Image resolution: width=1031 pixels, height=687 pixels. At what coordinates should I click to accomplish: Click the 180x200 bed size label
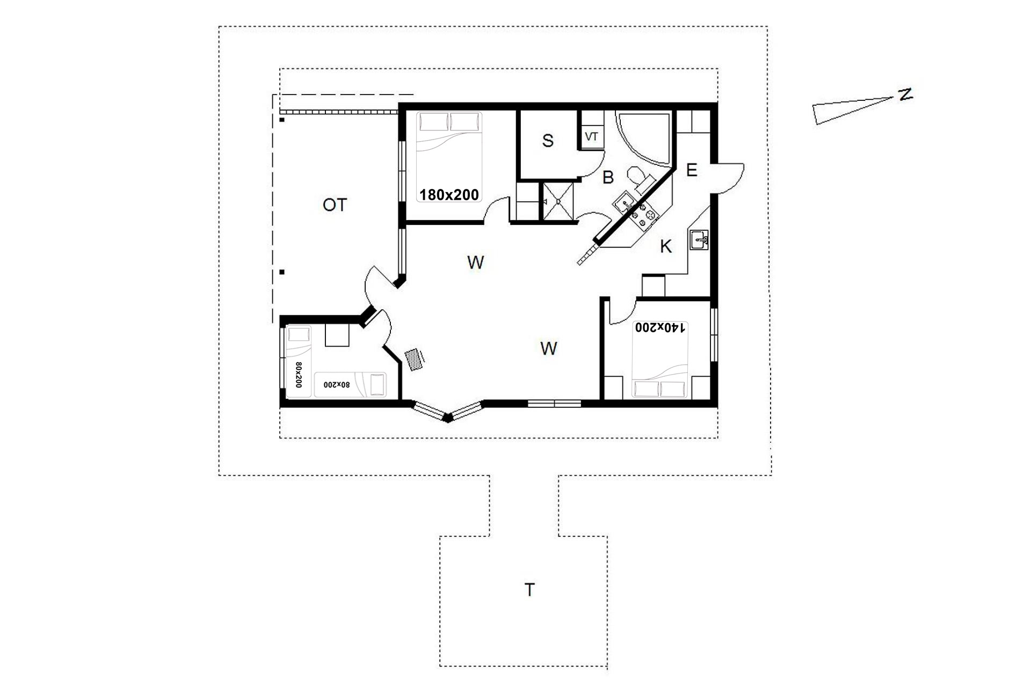[x=449, y=195]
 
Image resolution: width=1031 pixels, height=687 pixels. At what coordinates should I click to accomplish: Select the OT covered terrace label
[x=335, y=204]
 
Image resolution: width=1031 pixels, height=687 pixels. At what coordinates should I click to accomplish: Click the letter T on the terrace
[x=529, y=590]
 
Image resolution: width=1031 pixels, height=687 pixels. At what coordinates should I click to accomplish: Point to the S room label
[x=548, y=141]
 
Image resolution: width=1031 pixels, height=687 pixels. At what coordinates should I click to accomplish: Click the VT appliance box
[x=591, y=137]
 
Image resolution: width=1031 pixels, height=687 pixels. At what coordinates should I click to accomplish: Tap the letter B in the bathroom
[x=608, y=177]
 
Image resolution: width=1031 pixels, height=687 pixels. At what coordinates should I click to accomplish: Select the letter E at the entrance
[x=692, y=171]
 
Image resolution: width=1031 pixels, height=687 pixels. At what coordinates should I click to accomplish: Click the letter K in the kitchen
[x=666, y=246]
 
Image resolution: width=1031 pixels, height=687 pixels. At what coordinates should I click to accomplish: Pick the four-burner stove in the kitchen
[x=644, y=215]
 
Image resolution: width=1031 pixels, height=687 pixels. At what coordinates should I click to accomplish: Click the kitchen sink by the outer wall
[x=699, y=240]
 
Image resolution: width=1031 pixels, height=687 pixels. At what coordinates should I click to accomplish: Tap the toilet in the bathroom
[x=638, y=178]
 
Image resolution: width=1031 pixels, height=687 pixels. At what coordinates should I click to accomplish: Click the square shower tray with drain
[x=558, y=201]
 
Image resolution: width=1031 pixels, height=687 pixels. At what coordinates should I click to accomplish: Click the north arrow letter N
[x=905, y=94]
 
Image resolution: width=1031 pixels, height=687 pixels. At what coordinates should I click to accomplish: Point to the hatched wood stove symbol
[x=414, y=359]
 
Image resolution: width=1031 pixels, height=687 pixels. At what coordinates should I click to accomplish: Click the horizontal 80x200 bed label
[x=337, y=385]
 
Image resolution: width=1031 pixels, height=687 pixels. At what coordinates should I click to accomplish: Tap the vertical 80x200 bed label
[x=299, y=375]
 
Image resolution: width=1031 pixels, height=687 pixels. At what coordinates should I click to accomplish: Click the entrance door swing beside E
[x=728, y=178]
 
